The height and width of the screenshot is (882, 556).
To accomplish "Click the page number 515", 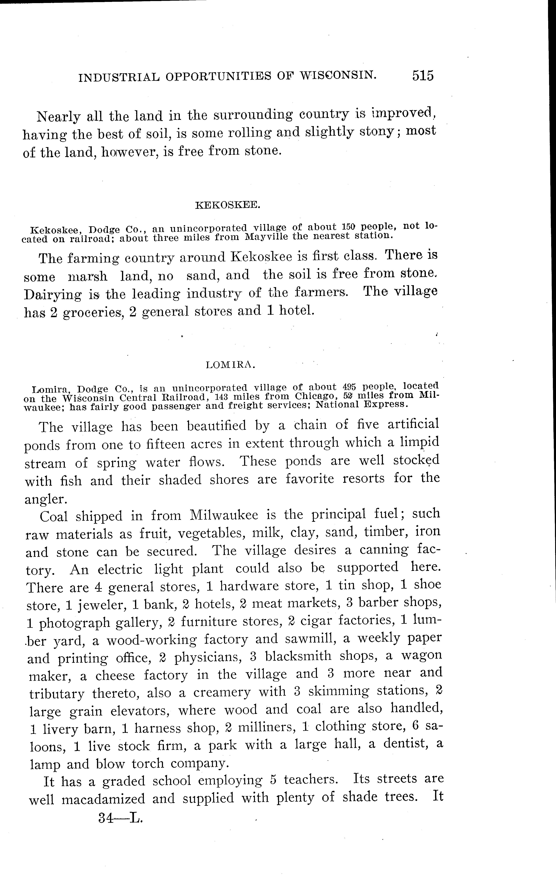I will pos(423,75).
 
